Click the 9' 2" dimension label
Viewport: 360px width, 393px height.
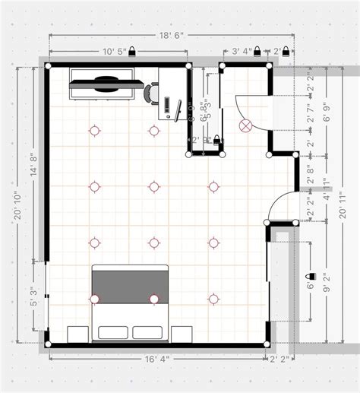(326, 290)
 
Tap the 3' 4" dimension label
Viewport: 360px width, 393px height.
(242, 52)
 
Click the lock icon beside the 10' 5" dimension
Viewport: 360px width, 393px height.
(132, 52)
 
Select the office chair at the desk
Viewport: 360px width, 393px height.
(150, 93)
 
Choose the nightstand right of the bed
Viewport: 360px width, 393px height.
(182, 334)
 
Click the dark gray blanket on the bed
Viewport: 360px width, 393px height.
(129, 285)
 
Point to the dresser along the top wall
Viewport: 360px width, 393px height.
(104, 84)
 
